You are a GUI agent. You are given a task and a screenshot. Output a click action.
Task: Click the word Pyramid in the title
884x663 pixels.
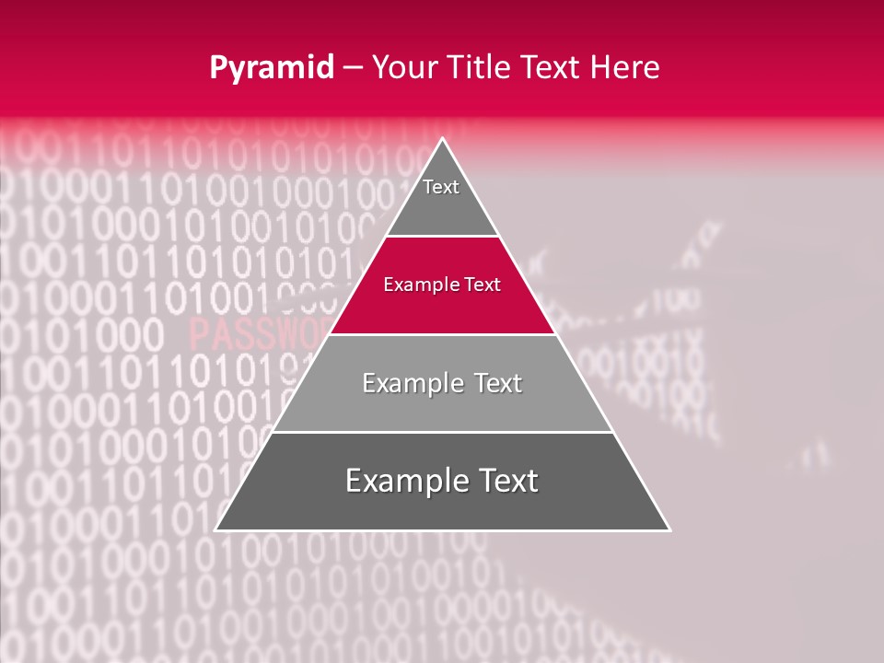(272, 68)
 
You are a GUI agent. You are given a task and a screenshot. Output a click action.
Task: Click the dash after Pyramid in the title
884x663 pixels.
(353, 68)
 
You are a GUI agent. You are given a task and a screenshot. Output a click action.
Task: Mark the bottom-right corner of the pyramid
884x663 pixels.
(669, 529)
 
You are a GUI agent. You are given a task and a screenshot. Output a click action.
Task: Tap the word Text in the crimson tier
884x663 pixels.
(482, 285)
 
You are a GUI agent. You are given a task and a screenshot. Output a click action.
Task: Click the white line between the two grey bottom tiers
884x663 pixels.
(442, 432)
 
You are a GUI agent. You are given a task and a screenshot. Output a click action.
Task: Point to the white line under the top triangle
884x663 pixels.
(442, 236)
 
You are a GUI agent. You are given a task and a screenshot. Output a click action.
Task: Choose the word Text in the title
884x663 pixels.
(550, 68)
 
